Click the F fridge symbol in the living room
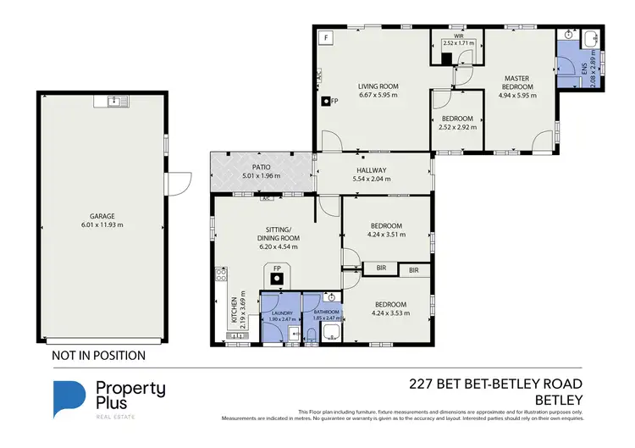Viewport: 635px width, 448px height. [325, 38]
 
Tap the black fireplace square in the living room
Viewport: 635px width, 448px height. [324, 101]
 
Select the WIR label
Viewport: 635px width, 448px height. [458, 37]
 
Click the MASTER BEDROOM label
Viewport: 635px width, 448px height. [516, 81]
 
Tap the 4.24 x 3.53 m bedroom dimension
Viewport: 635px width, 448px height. [390, 313]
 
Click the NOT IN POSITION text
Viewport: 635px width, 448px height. [99, 357]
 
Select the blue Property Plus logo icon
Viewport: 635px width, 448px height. [69, 399]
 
